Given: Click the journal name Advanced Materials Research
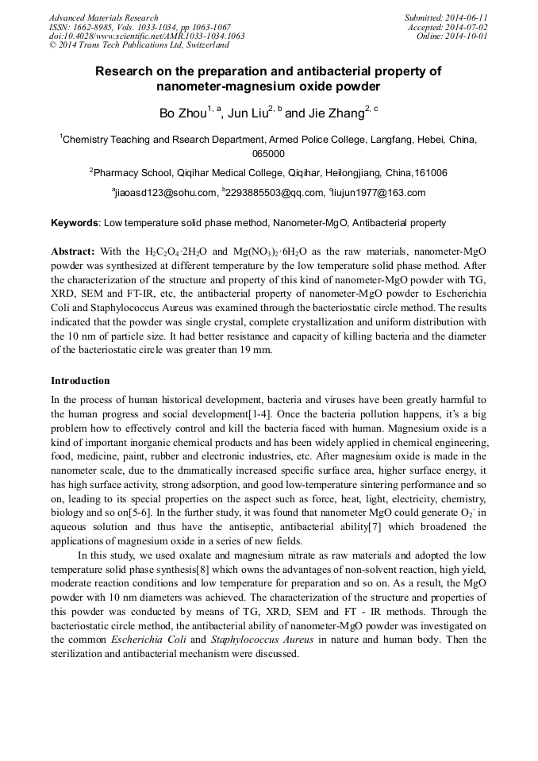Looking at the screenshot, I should [103, 17].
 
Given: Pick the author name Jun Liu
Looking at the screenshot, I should [248, 114].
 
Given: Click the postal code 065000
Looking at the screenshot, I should [268, 154].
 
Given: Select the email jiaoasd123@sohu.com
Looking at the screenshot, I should [166, 193].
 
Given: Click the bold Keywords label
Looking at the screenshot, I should [75, 224].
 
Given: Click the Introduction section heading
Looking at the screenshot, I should [80, 381].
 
